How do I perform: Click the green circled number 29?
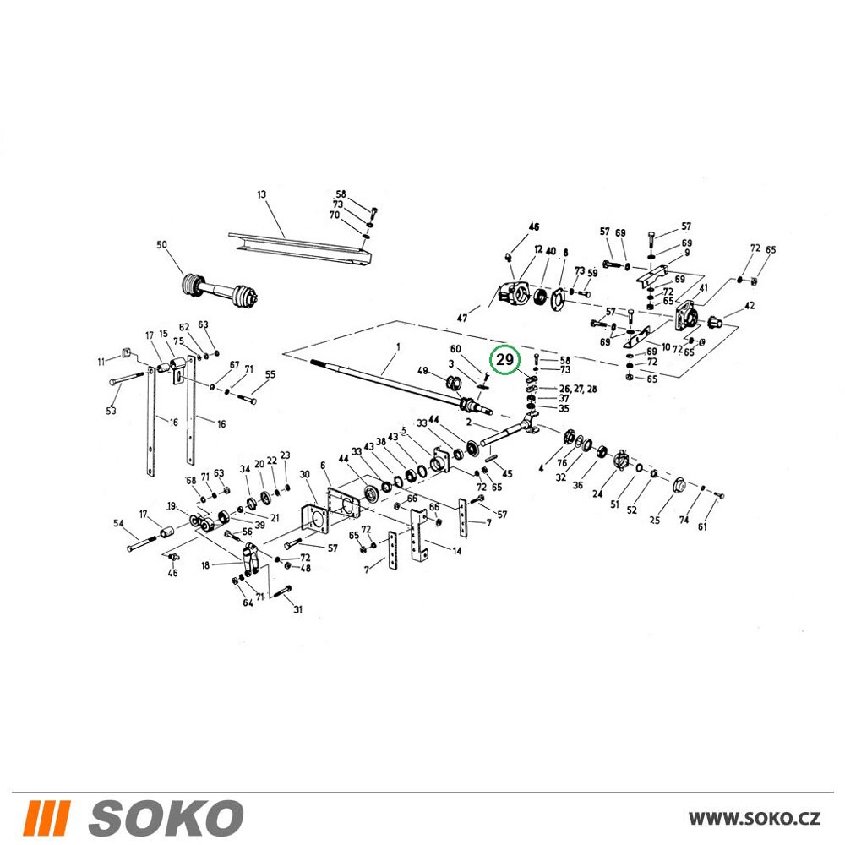pyautogui.click(x=504, y=359)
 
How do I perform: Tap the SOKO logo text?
pyautogui.click(x=166, y=817)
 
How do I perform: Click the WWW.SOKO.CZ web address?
pyautogui.click(x=755, y=818)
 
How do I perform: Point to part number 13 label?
pyautogui.click(x=261, y=194)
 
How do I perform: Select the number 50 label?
pyautogui.click(x=161, y=245)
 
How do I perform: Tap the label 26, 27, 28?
pyautogui.click(x=578, y=389)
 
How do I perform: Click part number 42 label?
pyautogui.click(x=749, y=306)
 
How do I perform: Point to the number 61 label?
pyautogui.click(x=702, y=526)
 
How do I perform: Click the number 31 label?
pyautogui.click(x=298, y=609)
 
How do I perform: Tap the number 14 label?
pyautogui.click(x=457, y=551)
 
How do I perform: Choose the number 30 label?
pyautogui.click(x=305, y=474)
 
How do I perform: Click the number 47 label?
pyautogui.click(x=462, y=319)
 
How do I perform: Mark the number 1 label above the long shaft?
pyautogui.click(x=398, y=347)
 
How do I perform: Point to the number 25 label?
pyautogui.click(x=655, y=520)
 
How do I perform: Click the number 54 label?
pyautogui.click(x=118, y=523)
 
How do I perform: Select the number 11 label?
pyautogui.click(x=101, y=362)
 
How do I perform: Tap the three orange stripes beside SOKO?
pyautogui.click(x=46, y=817)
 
